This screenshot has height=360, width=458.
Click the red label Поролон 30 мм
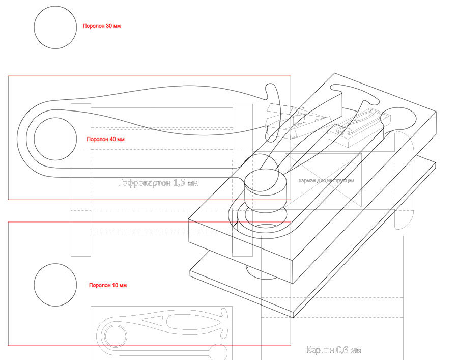(x=102, y=25)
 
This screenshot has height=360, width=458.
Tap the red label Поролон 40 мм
(x=105, y=139)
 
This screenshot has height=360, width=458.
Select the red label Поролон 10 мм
(x=107, y=285)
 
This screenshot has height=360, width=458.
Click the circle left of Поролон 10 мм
(x=55, y=285)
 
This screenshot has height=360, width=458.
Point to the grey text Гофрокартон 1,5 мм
(x=158, y=182)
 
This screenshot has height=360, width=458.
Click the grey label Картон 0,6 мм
(x=334, y=350)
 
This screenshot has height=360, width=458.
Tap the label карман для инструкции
(x=326, y=181)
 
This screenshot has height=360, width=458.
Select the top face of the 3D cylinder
(x=265, y=182)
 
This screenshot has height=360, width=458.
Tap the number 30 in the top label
(x=109, y=25)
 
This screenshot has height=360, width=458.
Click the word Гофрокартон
(x=144, y=182)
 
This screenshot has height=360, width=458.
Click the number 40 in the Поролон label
(x=112, y=139)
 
